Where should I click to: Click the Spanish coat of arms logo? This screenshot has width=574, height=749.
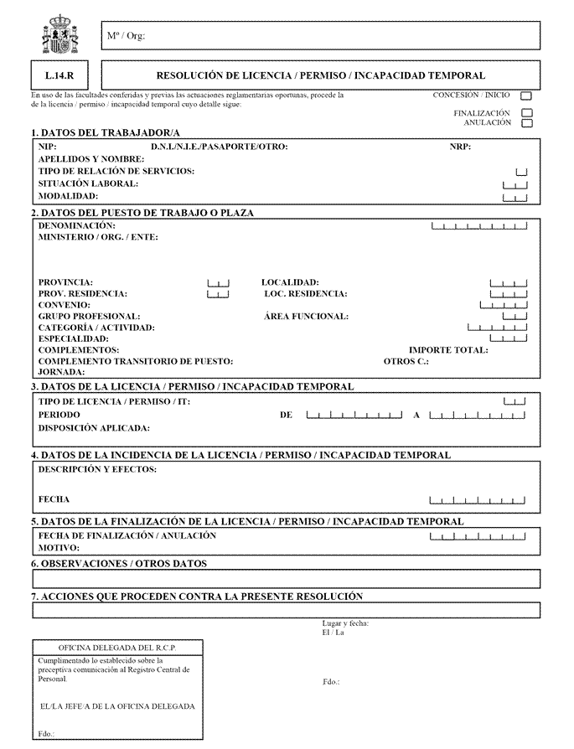[59, 36]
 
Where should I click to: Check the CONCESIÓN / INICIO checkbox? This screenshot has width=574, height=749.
[526, 97]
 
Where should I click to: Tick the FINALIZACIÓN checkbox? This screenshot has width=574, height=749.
[526, 113]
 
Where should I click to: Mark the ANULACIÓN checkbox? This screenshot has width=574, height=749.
[526, 124]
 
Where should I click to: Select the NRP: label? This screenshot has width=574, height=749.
[460, 147]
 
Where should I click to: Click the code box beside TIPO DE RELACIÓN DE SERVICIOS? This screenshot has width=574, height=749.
[521, 172]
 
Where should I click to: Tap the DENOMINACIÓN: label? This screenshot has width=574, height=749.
[76, 226]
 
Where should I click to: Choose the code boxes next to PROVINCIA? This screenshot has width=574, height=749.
[217, 283]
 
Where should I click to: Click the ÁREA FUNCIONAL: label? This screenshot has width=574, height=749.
[306, 317]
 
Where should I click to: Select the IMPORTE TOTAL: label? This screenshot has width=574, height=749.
[447, 350]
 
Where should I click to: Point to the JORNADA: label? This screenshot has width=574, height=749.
[61, 372]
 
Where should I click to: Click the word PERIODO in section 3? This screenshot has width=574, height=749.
[59, 415]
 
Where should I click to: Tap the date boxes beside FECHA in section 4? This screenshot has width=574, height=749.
[477, 500]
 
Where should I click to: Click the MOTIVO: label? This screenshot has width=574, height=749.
[59, 547]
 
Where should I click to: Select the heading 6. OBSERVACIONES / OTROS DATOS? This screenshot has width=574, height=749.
[118, 565]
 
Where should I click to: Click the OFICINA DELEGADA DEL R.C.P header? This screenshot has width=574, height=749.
[116, 648]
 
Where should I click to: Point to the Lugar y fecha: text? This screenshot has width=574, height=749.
[345, 623]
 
